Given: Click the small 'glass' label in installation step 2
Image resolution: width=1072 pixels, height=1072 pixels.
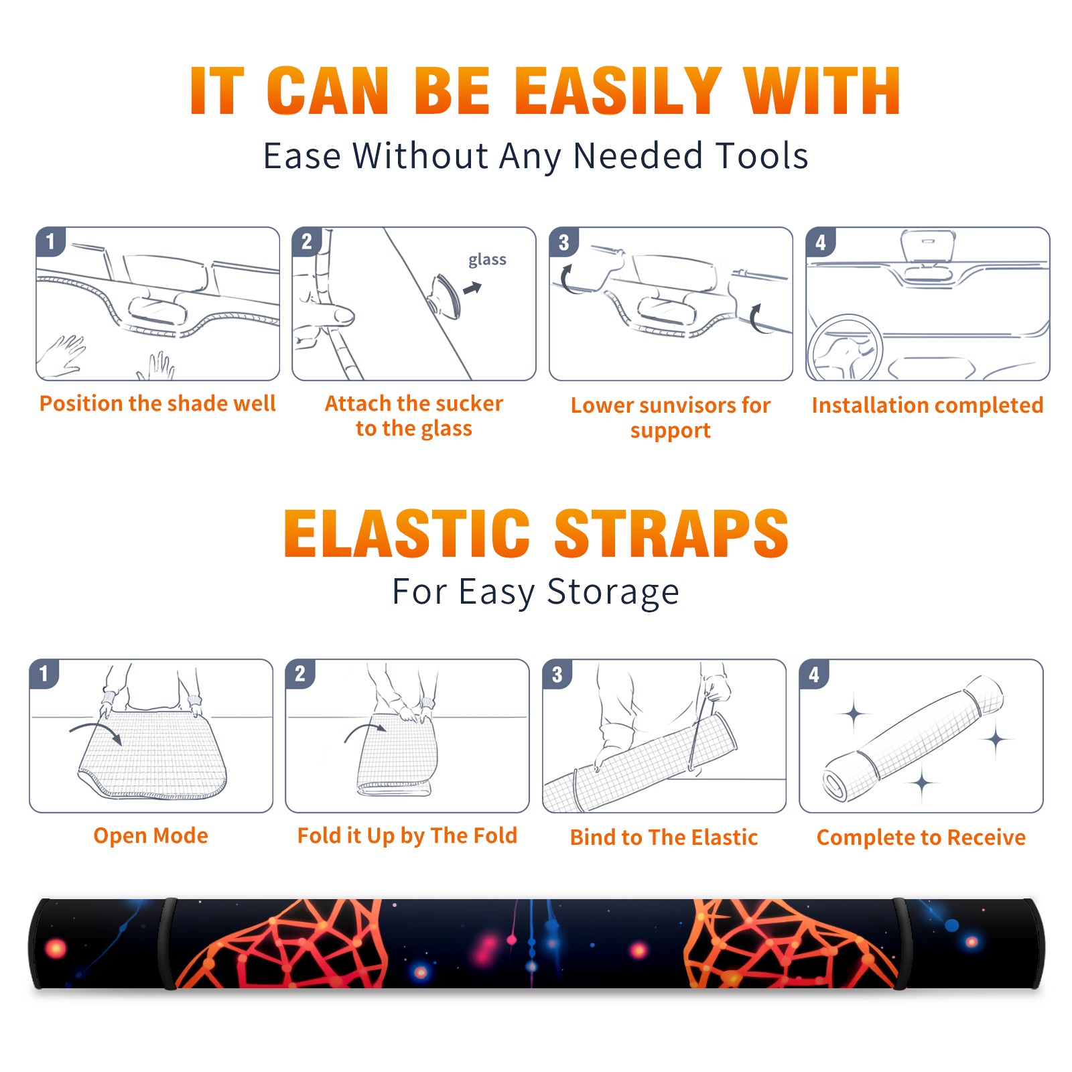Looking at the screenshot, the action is [487, 260].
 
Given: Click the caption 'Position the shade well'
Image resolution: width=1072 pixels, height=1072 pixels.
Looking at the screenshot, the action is [157, 403].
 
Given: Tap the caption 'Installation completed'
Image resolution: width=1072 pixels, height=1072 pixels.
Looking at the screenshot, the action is [927, 405].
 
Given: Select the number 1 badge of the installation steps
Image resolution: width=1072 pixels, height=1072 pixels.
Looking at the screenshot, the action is [50, 241].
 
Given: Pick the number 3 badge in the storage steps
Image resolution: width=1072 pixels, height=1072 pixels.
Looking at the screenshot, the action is [557, 674].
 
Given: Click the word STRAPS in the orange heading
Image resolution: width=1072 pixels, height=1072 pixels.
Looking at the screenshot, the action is [671, 533].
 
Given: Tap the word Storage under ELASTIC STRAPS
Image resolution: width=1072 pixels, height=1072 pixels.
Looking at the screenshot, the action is [613, 592].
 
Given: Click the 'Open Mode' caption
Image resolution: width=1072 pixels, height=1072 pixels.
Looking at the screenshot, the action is [151, 835].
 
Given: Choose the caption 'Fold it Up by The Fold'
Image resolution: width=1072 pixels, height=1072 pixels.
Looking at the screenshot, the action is [407, 835].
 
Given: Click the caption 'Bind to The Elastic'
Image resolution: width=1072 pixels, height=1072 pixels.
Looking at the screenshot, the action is [664, 837].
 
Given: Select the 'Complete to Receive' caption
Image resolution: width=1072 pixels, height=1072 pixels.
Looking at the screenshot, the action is [921, 837].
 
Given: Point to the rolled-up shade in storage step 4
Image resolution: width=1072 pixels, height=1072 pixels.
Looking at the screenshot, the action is [913, 739].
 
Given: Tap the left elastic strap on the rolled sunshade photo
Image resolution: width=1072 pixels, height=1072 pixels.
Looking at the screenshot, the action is [167, 943].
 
